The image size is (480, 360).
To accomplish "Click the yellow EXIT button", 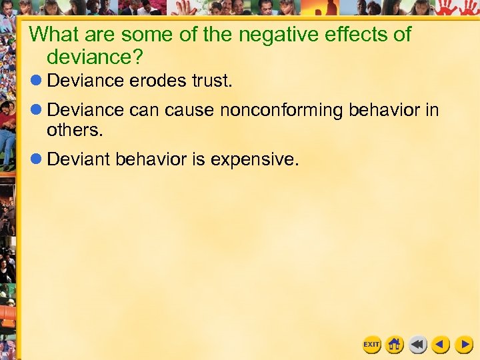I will pos(371,345).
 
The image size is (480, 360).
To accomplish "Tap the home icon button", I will pos(395,345).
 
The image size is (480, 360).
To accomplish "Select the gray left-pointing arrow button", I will pos(418,345).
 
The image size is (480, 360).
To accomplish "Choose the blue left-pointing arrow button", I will pos(441,345).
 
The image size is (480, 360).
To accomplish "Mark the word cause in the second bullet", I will pos(191,109).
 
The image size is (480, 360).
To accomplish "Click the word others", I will pos(75,131).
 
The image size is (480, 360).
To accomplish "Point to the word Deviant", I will pos(79,159).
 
